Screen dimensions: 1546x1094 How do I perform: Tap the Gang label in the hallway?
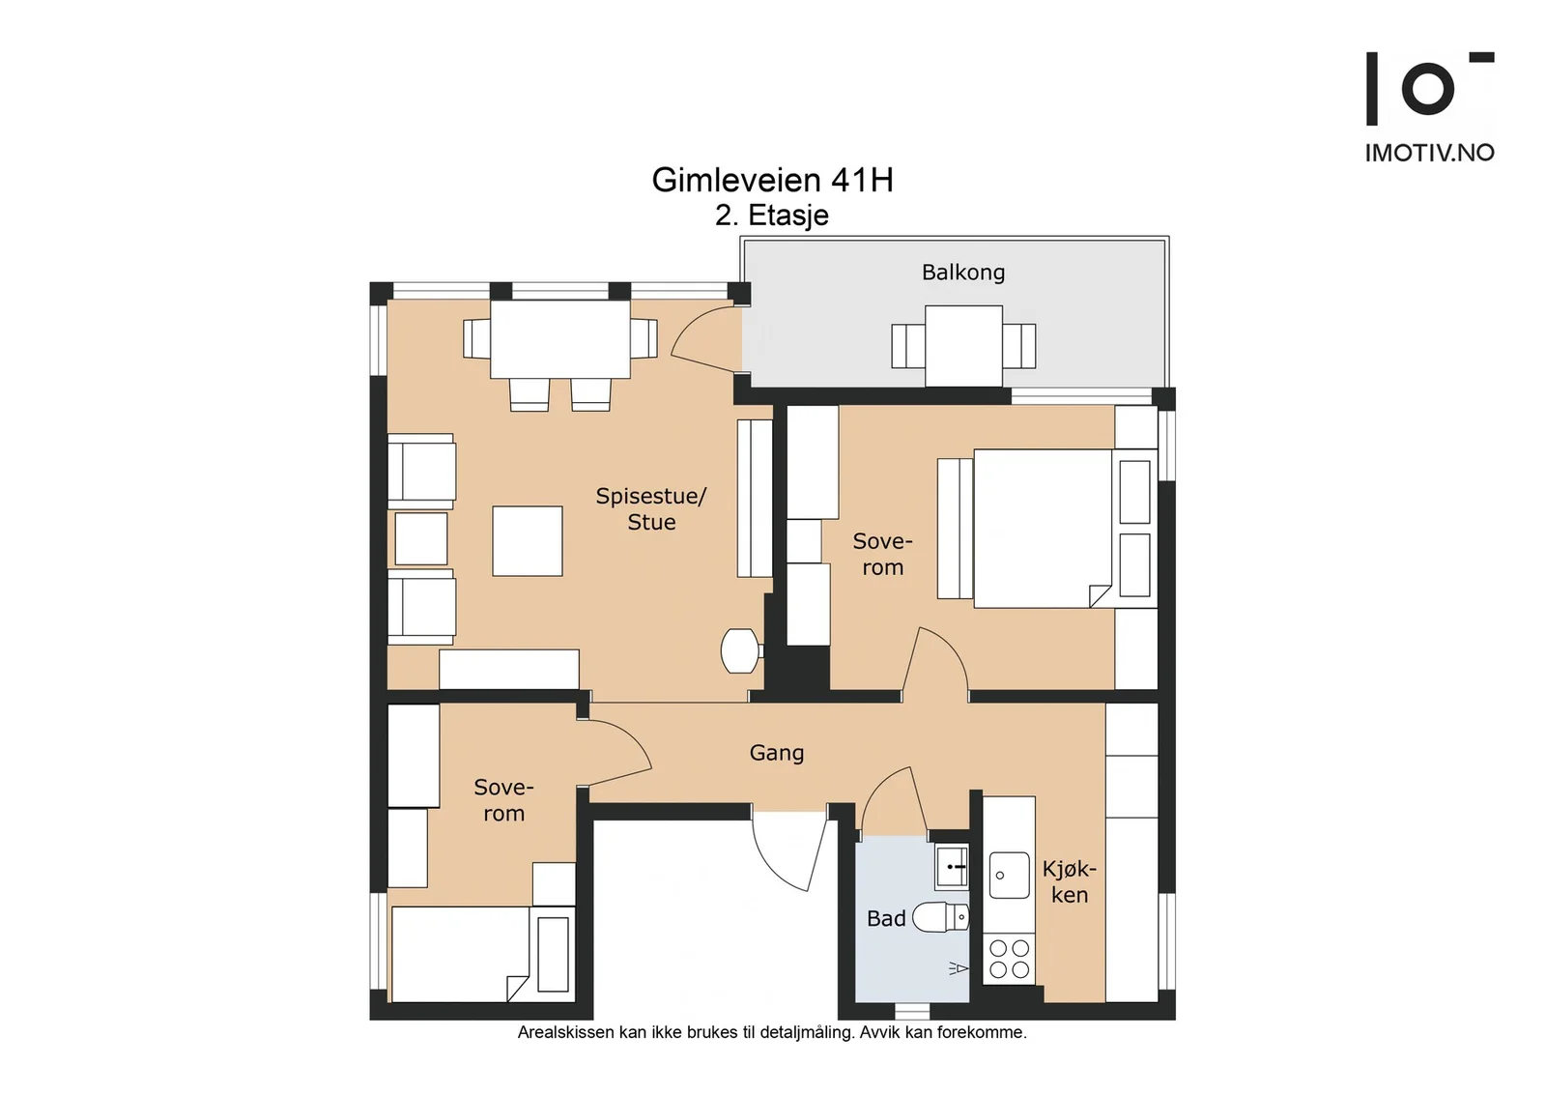tap(777, 753)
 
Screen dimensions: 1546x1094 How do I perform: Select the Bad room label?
tap(885, 919)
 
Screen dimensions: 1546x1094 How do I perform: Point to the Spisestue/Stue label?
tap(651, 508)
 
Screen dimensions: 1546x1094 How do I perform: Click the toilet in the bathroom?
tap(941, 917)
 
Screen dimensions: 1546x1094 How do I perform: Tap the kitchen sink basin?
tap(1009, 876)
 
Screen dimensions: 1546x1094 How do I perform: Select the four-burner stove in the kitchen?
tap(1009, 959)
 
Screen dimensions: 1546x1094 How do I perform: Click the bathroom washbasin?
tap(952, 866)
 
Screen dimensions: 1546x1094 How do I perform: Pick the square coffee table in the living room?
tap(528, 541)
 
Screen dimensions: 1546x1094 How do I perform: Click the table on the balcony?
tap(963, 346)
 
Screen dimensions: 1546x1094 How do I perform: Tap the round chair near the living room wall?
tap(740, 650)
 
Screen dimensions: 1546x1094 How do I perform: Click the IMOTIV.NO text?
tap(1429, 153)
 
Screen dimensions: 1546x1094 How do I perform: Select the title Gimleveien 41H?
tap(772, 180)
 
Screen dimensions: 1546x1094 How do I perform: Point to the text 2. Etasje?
tap(772, 216)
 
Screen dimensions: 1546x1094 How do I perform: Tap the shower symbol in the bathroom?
tap(959, 968)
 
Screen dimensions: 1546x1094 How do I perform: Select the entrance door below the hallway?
tap(788, 851)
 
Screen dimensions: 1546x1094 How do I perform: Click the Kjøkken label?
tap(1069, 882)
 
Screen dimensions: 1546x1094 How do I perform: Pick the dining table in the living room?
tap(559, 339)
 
